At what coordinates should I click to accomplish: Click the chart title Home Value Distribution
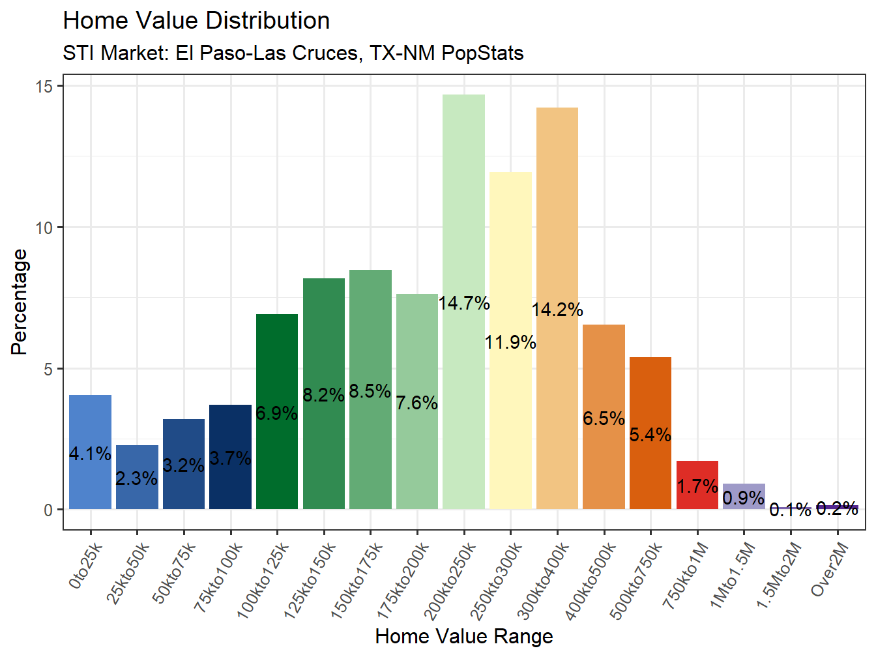pos(196,21)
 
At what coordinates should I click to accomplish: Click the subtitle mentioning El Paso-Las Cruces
pos(293,53)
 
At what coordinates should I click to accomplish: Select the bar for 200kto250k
pos(463,196)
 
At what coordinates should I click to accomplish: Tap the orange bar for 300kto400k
pos(557,209)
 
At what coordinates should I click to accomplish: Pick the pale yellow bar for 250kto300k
pos(510,261)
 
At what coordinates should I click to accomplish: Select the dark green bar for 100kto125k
pos(277,365)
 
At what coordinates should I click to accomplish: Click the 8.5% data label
pos(370,391)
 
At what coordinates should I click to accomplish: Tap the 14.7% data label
pos(463,303)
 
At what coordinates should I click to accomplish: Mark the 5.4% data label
pos(650,435)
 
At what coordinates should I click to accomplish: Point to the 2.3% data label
pos(136,479)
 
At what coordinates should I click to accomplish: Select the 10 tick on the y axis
pos(44,227)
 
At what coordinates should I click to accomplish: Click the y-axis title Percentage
pos(20,302)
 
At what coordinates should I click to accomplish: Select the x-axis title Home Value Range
pos(463,636)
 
